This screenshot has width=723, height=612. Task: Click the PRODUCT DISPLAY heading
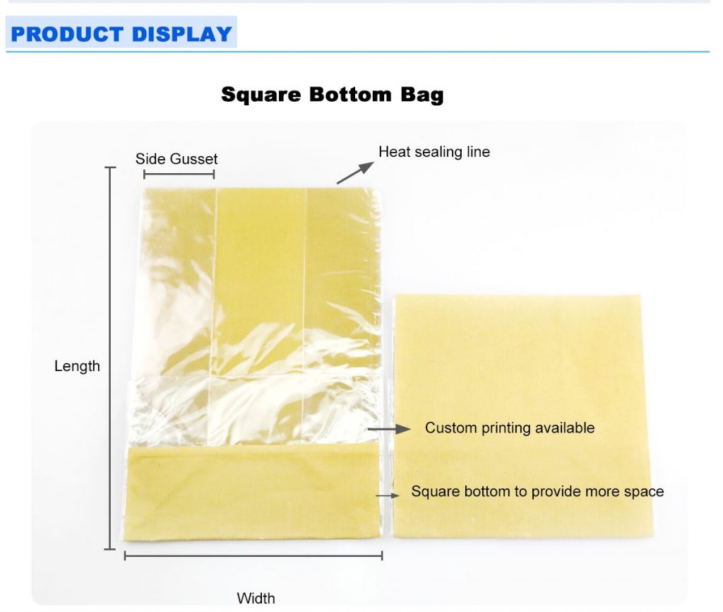[121, 34]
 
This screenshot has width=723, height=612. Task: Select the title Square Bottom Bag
[332, 95]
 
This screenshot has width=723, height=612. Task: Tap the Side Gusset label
[177, 159]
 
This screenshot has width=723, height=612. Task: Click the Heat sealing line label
[434, 152]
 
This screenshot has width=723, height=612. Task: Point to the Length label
[77, 366]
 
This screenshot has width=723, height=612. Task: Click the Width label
[256, 599]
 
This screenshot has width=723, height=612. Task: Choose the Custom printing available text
[509, 428]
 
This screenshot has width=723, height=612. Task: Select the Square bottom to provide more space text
[537, 491]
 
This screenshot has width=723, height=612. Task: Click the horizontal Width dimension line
[253, 556]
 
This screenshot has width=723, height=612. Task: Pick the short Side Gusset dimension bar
[179, 174]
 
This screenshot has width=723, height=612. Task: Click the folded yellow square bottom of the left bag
[251, 493]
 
